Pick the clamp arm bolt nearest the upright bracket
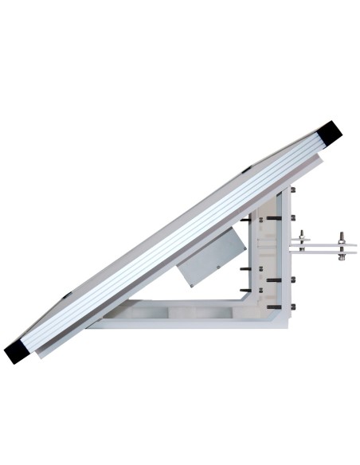pos(303,242)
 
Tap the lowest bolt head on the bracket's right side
pos(294,306)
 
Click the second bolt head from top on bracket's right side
pos(294,217)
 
